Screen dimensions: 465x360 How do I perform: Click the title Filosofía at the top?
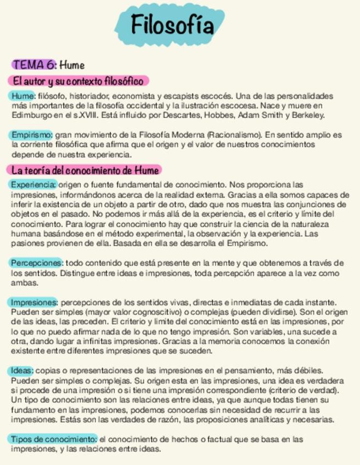pos(172,25)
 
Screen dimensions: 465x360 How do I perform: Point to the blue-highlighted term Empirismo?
pos(32,134)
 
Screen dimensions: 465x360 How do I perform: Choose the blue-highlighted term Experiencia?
pos(33,184)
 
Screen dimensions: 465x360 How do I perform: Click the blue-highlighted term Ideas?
pos(22,371)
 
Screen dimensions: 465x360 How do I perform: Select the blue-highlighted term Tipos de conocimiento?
pos(54,439)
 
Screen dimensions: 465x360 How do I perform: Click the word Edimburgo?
pos(31,115)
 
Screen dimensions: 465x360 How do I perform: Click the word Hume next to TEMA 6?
pos(72,65)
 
